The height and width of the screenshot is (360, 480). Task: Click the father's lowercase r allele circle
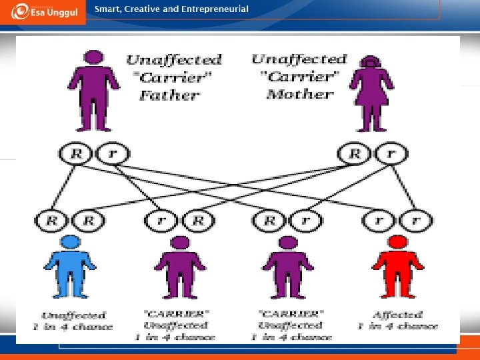(111, 154)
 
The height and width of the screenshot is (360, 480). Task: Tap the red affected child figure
(397, 266)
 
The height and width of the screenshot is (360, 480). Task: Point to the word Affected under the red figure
(398, 314)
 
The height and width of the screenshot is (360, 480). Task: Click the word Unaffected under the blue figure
(73, 315)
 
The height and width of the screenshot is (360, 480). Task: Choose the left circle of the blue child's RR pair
(52, 220)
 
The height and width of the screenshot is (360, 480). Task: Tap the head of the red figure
(398, 241)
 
